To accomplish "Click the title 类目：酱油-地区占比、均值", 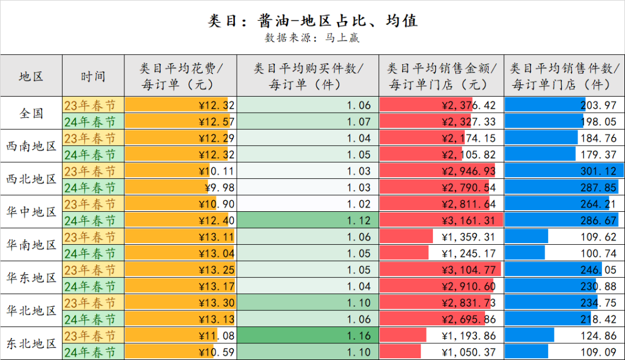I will [312, 21].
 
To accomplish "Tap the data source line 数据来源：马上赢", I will [312, 38].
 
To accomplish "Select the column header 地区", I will [31, 76].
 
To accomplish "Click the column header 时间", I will [93, 76].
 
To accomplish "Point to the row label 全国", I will [31, 113].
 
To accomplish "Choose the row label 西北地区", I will [31, 179].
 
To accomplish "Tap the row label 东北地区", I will [31, 343].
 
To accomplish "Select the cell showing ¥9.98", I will [220, 188].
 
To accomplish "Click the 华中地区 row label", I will [31, 212].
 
